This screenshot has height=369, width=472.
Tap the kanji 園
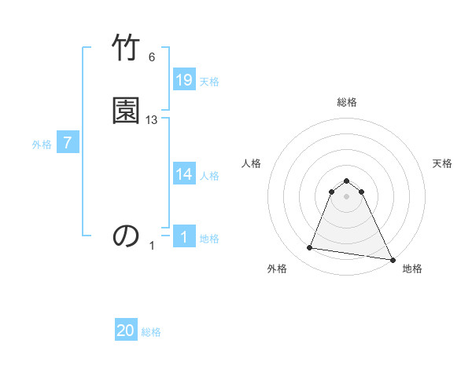126,110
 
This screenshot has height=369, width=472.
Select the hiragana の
126,236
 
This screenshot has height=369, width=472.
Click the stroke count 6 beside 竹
152,57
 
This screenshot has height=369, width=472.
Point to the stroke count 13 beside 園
152,120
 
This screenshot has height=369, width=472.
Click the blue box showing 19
184,80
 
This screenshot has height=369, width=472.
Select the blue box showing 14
184,174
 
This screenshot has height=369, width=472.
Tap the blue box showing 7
68,143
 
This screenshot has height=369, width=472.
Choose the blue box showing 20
126,331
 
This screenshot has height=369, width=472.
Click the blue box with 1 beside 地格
184,237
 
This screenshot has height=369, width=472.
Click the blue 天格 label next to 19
209,82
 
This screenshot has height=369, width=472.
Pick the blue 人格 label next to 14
209,176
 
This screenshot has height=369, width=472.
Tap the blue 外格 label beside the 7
42,144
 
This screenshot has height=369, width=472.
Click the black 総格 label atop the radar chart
347,102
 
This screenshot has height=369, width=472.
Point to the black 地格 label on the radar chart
412,269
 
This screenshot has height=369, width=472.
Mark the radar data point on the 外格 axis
310,248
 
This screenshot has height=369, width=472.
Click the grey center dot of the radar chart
347,196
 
